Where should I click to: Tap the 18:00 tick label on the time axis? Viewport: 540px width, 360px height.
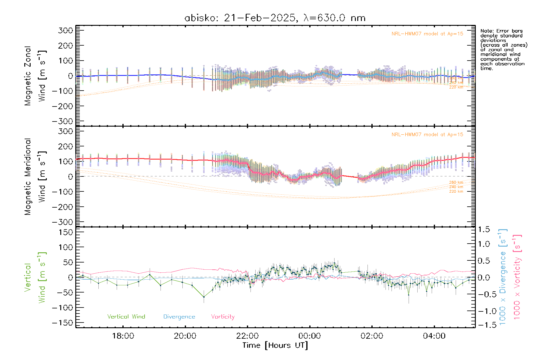point(123,336)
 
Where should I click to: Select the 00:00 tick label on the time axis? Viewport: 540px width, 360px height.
point(310,336)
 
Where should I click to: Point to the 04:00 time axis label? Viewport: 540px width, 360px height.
point(434,336)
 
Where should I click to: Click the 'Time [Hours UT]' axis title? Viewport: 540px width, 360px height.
point(275,345)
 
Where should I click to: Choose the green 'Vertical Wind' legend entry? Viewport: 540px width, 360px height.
point(126,317)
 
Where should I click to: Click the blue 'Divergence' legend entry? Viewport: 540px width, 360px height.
point(179,317)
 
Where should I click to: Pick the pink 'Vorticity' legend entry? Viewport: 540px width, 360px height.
point(223,317)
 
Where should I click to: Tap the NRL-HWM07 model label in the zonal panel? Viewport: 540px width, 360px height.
point(427,34)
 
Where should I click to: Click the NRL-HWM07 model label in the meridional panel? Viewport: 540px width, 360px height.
point(427,135)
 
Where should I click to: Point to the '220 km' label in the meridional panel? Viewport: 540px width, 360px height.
point(456,191)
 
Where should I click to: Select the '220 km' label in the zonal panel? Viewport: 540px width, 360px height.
point(456,87)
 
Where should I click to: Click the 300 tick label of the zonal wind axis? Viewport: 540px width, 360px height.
point(65,31)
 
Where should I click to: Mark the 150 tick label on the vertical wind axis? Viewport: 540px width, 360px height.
point(65,232)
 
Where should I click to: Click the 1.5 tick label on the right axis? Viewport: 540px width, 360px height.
point(484,229)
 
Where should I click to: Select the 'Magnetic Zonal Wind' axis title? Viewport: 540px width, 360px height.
point(35,76)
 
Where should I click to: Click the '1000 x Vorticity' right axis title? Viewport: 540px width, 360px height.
point(517,277)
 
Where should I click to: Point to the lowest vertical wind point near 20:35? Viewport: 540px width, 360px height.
point(204,297)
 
